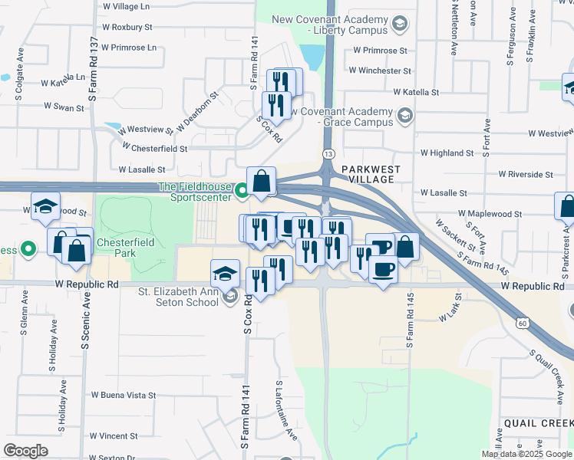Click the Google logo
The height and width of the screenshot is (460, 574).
[25, 451]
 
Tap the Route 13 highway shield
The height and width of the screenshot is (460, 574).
[328, 155]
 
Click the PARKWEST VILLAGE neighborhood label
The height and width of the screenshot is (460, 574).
[368, 173]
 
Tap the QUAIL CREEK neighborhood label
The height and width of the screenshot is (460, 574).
[538, 423]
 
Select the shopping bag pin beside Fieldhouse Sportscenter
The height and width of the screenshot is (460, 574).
[262, 181]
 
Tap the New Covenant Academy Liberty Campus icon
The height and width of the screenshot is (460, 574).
[399, 25]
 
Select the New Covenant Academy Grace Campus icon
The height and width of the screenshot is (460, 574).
[404, 117]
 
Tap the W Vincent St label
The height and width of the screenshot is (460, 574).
[114, 435]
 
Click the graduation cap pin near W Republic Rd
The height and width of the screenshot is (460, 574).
[224, 274]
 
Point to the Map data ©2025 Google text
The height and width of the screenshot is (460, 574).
[526, 454]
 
